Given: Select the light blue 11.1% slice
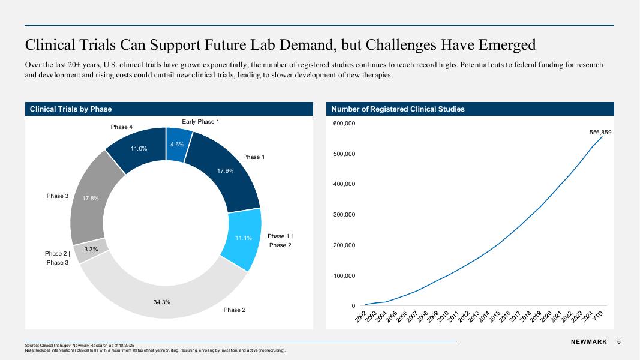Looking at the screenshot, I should point(243,239).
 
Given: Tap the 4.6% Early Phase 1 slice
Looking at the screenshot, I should point(177,145).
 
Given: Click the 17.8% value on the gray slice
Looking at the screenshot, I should point(91,199).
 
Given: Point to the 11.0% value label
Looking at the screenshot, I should point(139,149).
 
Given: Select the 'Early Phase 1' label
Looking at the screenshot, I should point(200,122).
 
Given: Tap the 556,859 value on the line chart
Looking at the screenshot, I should point(600,132).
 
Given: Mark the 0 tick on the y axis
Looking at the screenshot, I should point(353,306).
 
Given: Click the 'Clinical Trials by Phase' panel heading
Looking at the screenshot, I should point(71,109).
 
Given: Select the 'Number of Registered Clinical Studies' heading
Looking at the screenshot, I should point(398,109).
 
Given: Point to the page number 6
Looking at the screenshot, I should point(618,342).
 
